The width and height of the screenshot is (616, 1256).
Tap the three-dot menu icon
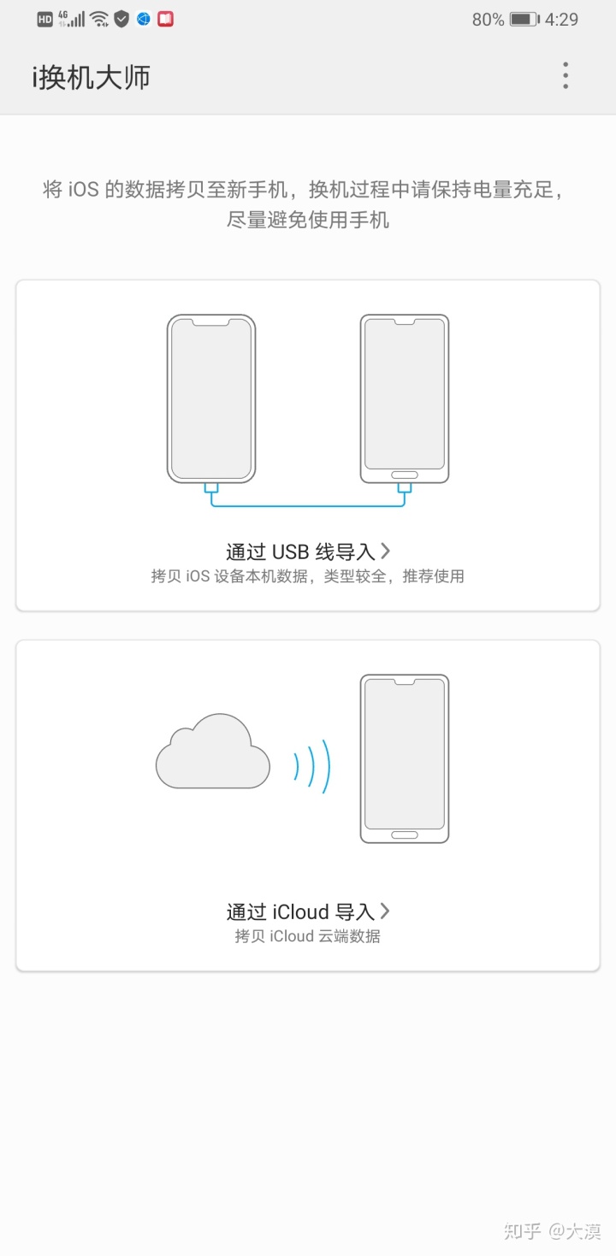tap(565, 76)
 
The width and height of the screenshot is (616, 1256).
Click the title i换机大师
tap(92, 78)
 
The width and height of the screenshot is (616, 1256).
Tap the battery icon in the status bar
tap(524, 19)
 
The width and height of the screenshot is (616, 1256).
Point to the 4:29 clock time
tap(561, 19)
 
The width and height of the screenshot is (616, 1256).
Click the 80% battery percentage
tap(488, 19)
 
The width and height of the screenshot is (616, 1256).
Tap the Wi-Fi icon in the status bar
tap(100, 19)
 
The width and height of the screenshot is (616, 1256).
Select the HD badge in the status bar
tap(45, 19)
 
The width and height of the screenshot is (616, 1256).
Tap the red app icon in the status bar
tap(165, 19)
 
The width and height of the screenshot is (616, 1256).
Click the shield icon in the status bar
tap(121, 19)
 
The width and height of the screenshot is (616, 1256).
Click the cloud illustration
tap(212, 752)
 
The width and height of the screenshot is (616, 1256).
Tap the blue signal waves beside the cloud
tap(312, 764)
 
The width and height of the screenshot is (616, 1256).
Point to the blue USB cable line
tap(308, 504)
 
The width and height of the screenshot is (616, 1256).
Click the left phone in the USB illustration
tap(211, 398)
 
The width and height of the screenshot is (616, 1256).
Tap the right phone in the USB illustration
tap(405, 398)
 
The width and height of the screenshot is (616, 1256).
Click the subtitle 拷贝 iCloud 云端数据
tap(308, 936)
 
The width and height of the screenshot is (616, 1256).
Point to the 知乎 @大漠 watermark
tap(552, 1231)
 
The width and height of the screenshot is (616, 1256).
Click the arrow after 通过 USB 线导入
tap(386, 551)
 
